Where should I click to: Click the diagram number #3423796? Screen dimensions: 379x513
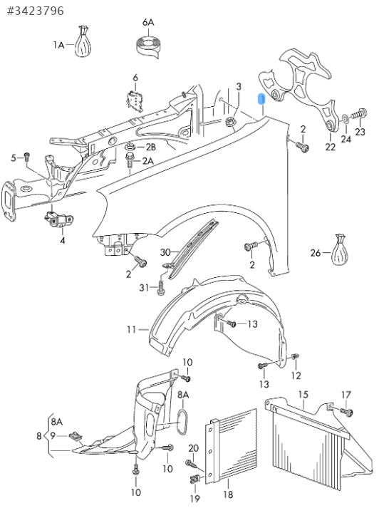[x=36, y=11]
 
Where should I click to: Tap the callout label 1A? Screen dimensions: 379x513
[x=59, y=45]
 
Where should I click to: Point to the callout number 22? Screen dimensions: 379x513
[x=331, y=147]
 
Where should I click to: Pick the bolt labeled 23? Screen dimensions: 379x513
[x=359, y=115]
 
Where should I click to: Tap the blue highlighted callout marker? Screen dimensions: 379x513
[x=261, y=99]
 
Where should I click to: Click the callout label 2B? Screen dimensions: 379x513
[x=150, y=147]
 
